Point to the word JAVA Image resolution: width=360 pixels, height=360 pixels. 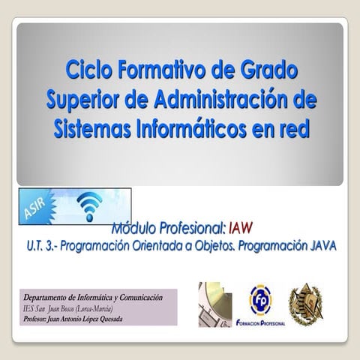click(x=320, y=244)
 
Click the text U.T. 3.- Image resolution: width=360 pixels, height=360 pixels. click(x=37, y=244)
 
